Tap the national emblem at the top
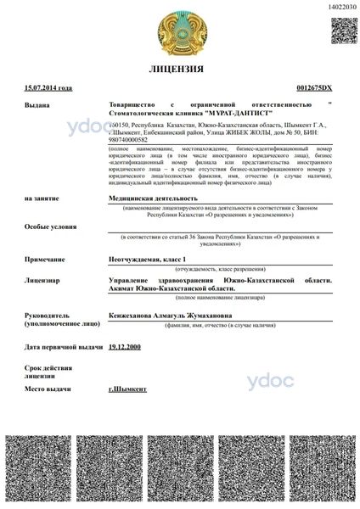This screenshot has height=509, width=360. pos(180,30)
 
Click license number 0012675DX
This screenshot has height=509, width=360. pos(315,88)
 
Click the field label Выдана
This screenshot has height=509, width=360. pos(38,105)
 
